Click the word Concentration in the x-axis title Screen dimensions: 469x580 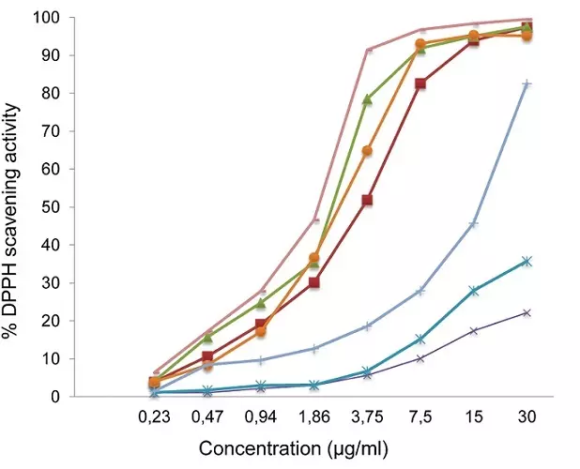click(251, 448)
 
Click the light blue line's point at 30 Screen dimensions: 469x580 click(527, 84)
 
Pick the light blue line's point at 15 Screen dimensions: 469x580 click(474, 224)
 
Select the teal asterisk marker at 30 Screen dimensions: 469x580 click(527, 261)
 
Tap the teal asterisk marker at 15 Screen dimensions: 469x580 click(474, 291)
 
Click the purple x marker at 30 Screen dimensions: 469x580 click(527, 312)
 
